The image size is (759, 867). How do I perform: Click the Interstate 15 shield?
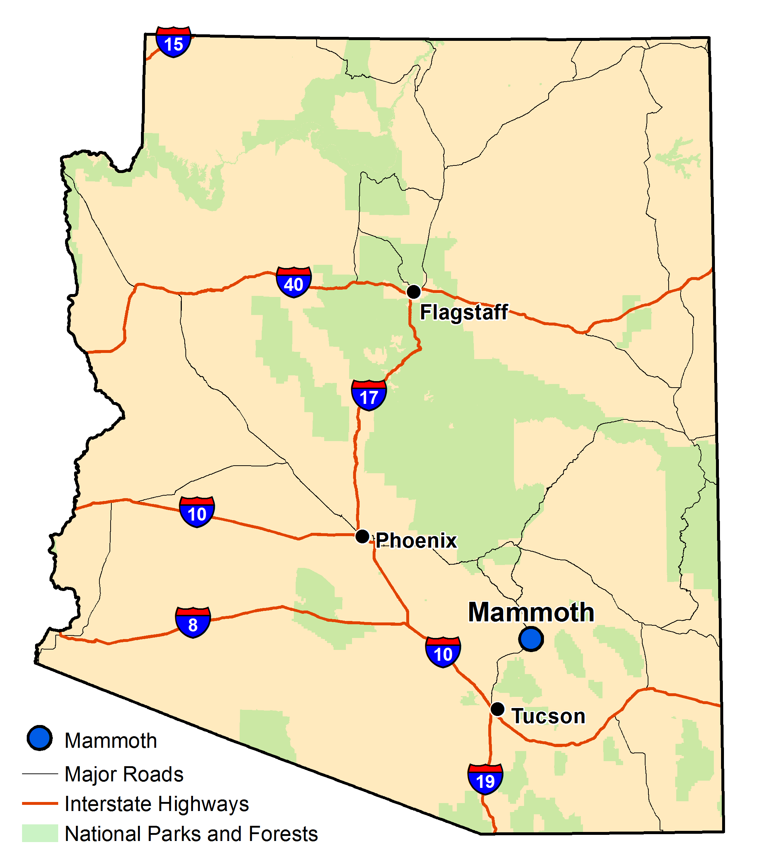tap(173, 42)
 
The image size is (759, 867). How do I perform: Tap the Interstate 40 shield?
tap(293, 282)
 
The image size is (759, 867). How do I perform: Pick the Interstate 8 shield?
tap(193, 622)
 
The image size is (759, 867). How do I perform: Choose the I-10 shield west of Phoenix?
tap(197, 512)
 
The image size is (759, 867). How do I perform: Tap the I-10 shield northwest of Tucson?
tap(443, 652)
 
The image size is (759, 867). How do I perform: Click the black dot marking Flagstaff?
tap(413, 292)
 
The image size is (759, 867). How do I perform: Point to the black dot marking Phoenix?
tap(362, 536)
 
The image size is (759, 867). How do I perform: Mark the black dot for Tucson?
tap(497, 709)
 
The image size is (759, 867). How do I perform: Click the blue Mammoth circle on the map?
tap(531, 639)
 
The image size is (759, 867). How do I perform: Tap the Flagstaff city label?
tap(464, 312)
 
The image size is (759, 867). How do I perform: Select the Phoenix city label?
tap(416, 540)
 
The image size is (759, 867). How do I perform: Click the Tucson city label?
tap(549, 716)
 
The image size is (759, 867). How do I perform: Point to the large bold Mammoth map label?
tap(531, 612)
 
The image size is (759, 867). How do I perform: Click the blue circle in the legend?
tap(39, 738)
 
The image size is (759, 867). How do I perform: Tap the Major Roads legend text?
tap(124, 774)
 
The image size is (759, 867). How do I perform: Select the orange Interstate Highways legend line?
tap(40, 803)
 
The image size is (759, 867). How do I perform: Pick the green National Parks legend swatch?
tap(40, 833)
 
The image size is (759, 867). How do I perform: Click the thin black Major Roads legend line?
tap(40, 773)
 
